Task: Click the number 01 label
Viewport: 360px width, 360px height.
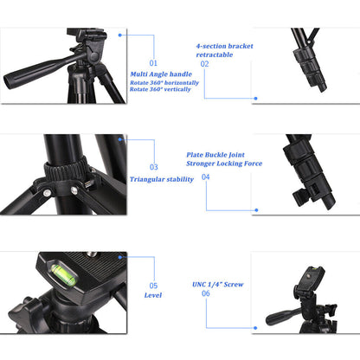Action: coord(154,63)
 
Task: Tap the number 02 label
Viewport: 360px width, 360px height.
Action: coord(204,63)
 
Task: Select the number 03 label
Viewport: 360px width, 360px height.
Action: coord(154,167)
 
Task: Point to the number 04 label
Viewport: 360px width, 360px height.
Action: coord(205,177)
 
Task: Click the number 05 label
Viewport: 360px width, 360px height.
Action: coord(153,285)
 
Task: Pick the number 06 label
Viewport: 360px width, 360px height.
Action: coord(205,293)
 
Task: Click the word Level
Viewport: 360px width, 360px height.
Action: coord(152,296)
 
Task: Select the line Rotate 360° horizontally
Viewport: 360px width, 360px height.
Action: coord(165,82)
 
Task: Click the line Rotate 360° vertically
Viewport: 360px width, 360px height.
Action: coord(162,89)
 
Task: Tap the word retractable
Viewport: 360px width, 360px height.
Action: coord(215,54)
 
